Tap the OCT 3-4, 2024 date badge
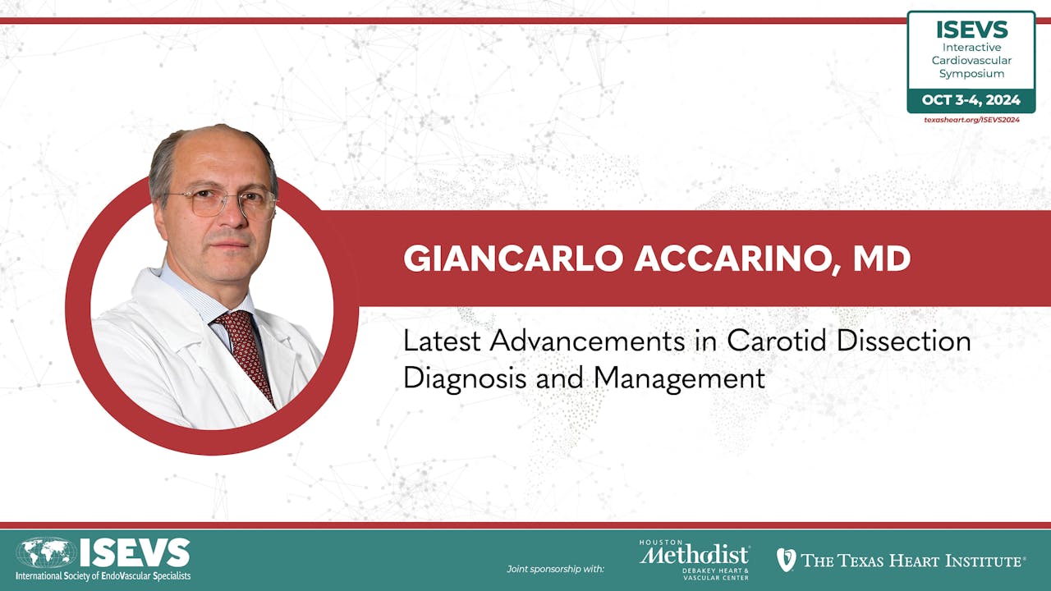[971, 101]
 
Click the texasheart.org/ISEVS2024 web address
[971, 120]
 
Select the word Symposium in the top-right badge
[971, 74]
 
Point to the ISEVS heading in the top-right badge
[971, 30]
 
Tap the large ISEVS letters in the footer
[135, 553]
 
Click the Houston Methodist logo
[694, 559]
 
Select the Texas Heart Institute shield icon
[786, 560]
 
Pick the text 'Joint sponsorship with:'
[555, 568]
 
